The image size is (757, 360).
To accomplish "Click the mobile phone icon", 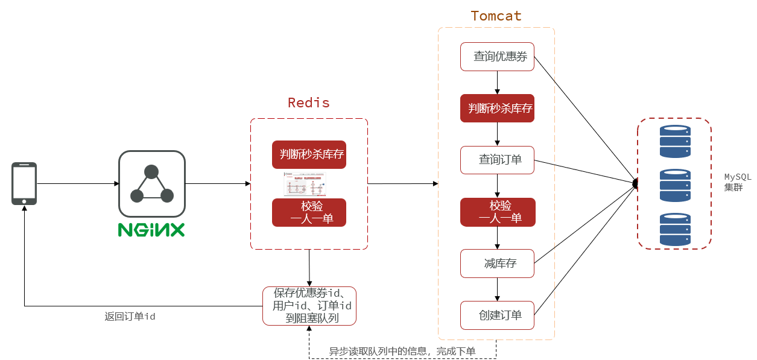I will coord(24,183).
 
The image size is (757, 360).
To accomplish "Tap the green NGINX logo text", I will coord(151,230).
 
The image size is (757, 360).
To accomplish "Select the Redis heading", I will coord(309,103).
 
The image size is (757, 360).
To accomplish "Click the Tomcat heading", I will coord(496,16).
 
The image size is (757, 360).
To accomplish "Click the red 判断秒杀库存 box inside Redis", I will coord(309,154).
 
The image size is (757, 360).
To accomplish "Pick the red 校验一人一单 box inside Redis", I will coord(309,212).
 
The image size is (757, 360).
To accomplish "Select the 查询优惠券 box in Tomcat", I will coord(497,57).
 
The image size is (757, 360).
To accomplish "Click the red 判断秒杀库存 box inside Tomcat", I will coord(497,109).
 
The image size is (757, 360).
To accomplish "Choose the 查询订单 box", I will coord(497,160).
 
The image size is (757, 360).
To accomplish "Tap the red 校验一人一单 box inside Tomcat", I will coord(497,212).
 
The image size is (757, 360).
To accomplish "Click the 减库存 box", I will coord(497,264).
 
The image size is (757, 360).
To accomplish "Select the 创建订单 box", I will coord(497,315).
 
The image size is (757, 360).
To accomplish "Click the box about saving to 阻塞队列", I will coord(309,306).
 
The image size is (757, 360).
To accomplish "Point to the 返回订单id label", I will coord(130,316).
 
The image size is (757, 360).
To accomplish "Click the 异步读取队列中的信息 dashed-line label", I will coord(402,351).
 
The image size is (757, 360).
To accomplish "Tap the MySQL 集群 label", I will coord(737,182).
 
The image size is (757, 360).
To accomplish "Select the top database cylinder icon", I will coord(674,141).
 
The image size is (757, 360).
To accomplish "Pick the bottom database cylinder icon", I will coord(674,229).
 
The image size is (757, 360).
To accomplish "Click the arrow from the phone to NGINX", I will coord(77,183).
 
